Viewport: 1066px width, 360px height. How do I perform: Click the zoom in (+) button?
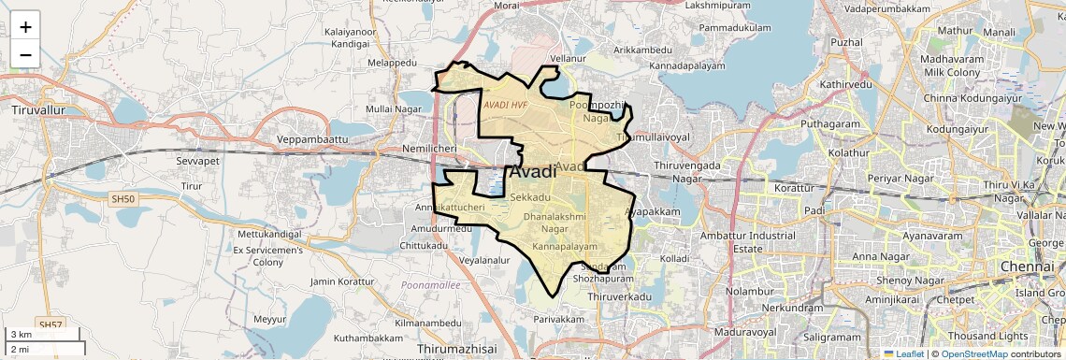[25, 27]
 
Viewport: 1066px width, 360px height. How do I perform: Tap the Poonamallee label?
[430, 284]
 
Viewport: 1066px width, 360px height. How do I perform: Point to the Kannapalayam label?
[564, 246]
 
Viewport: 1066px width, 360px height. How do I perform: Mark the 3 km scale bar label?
[21, 335]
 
